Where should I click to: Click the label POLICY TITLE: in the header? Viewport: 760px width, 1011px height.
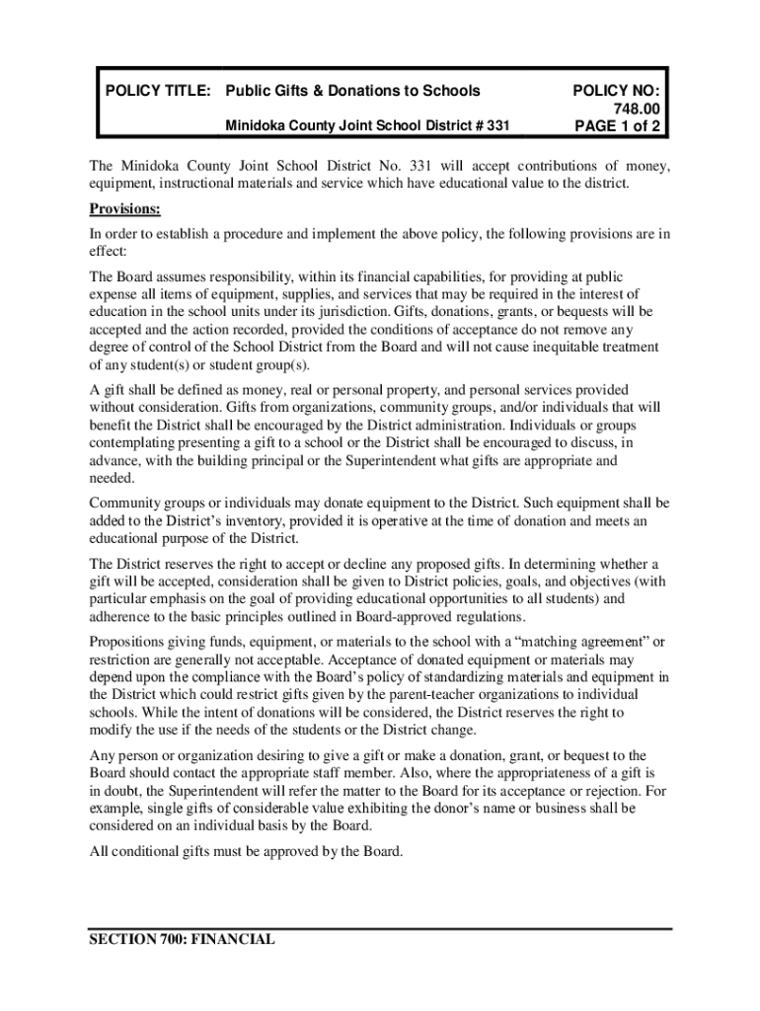158,91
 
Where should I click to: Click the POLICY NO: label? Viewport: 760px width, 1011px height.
616,91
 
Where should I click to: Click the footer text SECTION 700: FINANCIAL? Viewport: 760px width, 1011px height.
183,940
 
